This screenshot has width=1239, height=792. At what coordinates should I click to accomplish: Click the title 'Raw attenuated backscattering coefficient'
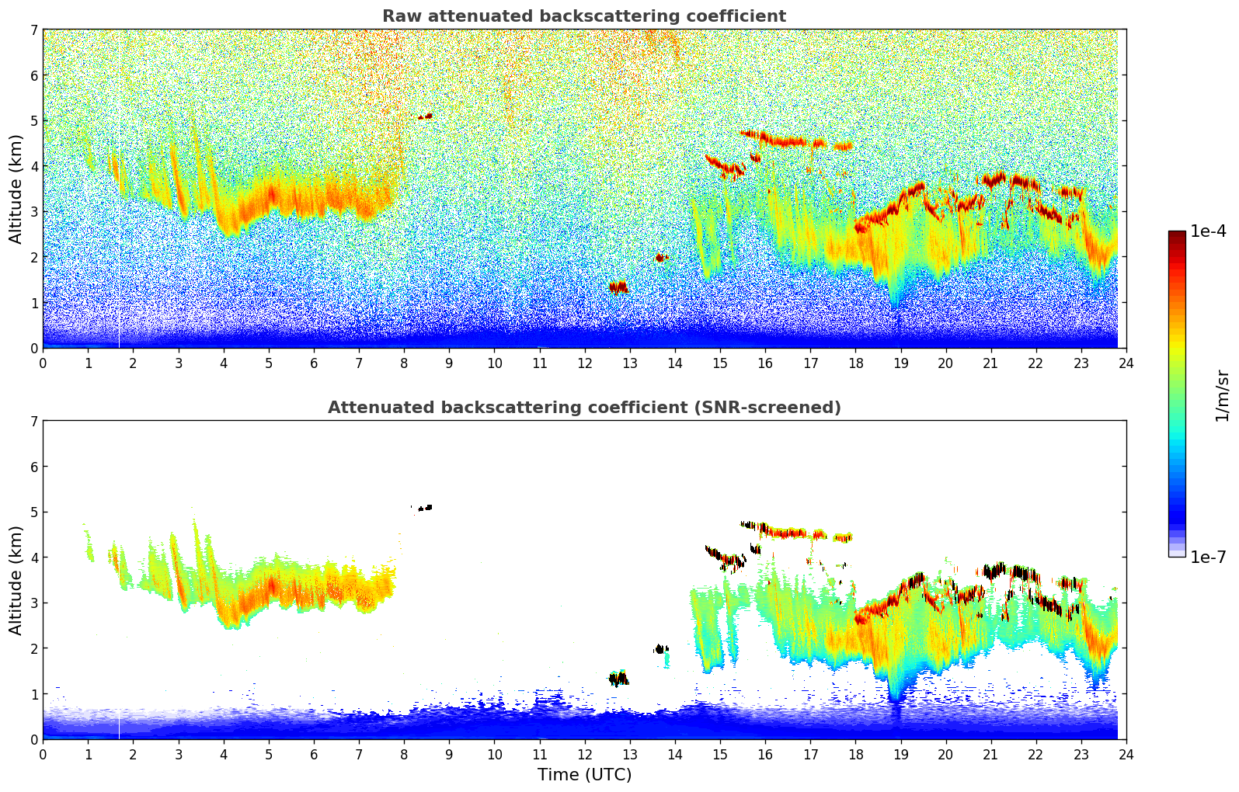point(583,16)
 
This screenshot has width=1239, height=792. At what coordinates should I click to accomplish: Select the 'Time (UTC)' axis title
point(584,775)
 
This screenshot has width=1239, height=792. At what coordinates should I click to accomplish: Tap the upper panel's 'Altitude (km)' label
point(16,189)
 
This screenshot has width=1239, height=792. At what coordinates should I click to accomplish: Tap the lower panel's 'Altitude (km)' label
point(16,580)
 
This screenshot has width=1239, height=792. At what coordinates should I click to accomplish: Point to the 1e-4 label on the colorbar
point(1208,231)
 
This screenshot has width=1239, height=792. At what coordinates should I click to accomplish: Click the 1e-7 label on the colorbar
point(1208,557)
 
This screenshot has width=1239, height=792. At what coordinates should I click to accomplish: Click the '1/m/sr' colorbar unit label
point(1222,394)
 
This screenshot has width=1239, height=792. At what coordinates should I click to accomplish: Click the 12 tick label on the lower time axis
point(584,755)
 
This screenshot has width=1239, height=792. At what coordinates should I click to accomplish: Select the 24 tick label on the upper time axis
point(1126,363)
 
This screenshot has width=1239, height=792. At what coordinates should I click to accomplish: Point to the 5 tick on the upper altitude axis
point(33,120)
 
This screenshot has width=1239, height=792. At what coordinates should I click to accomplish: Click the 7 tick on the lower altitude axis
point(33,421)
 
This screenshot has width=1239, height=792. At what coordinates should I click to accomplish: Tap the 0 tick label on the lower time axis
point(43,755)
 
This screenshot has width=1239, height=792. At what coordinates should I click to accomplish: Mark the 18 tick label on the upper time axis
point(855,363)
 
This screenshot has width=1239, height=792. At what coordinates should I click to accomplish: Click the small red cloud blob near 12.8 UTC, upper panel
point(618,287)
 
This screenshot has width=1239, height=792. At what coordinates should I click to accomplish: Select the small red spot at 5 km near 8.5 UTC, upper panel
point(426,116)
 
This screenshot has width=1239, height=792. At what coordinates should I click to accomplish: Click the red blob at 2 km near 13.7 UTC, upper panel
point(661,257)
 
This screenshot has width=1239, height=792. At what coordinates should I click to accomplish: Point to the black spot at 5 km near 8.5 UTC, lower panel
point(426,508)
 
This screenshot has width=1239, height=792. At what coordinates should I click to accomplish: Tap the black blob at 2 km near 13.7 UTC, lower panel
point(661,648)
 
